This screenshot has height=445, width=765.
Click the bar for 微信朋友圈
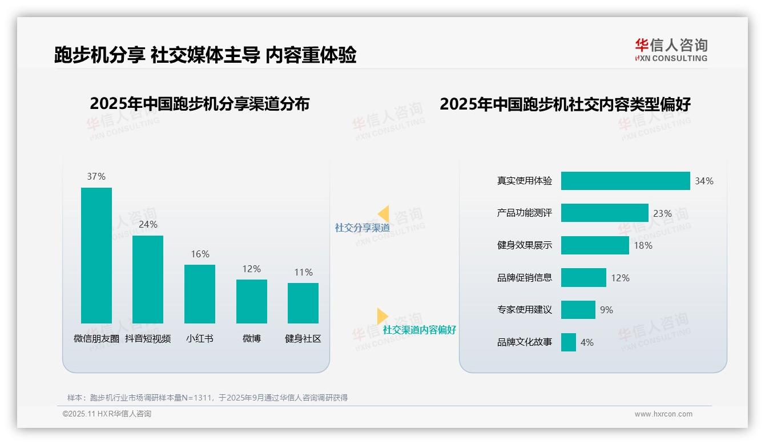[96, 255]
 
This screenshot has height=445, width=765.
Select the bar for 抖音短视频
[148, 279]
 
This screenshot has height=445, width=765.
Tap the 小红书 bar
[200, 294]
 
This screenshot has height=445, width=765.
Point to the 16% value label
[200, 254]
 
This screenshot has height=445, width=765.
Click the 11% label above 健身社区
[303, 272]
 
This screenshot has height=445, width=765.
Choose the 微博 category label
[251, 338]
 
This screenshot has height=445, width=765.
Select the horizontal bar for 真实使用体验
[625, 181]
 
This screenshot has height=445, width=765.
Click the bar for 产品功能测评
[605, 213]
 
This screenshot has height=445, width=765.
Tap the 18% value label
[643, 245]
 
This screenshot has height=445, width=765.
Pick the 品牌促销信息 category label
[524, 278]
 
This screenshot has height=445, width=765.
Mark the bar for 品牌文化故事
[568, 342]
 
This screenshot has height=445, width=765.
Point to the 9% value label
[606, 310]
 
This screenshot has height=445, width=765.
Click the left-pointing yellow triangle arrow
[384, 214]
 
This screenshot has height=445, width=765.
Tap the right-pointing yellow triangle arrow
[382, 316]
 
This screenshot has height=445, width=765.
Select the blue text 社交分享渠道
[362, 228]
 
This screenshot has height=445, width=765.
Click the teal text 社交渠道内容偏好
[419, 330]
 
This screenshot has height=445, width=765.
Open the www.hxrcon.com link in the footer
[663, 414]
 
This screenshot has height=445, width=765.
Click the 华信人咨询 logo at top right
[671, 50]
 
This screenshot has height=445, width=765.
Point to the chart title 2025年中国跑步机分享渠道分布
[199, 104]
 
